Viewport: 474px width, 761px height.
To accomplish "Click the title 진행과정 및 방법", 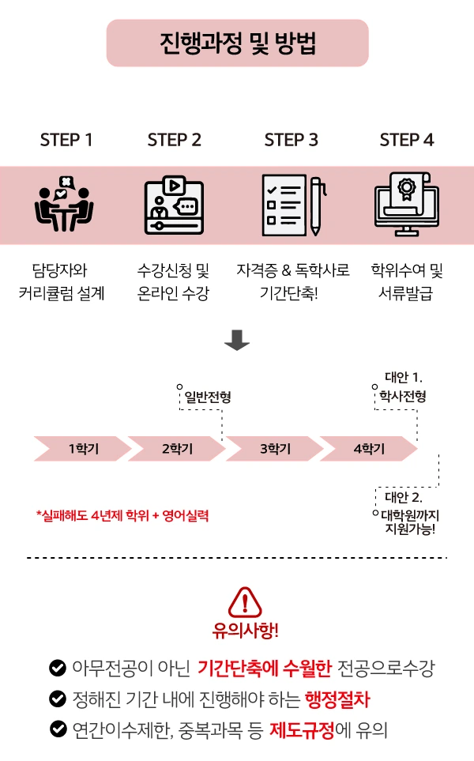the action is point(237,43).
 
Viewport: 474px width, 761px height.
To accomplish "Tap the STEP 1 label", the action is point(66,140).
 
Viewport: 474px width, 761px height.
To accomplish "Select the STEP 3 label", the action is point(292,140).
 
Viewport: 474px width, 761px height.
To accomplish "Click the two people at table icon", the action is point(65,204).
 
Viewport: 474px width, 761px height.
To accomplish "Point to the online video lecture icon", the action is point(174,205).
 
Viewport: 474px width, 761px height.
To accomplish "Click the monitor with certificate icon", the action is point(406,205).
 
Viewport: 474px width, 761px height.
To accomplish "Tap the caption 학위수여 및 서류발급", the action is point(407,283).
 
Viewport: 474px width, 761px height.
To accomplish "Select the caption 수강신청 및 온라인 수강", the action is point(174,283).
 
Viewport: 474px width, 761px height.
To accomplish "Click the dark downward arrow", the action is point(237,340).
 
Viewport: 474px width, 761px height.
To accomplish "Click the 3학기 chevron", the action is point(273,449).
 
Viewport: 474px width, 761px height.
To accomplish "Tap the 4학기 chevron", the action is point(368,449).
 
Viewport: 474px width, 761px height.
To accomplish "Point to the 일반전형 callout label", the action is point(208,397).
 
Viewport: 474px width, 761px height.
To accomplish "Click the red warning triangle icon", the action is point(245,603).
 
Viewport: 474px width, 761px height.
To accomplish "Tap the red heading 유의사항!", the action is point(245,632).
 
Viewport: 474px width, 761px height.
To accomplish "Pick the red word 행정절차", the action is point(337,699).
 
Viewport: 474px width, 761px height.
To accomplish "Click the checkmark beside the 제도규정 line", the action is point(58,729).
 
